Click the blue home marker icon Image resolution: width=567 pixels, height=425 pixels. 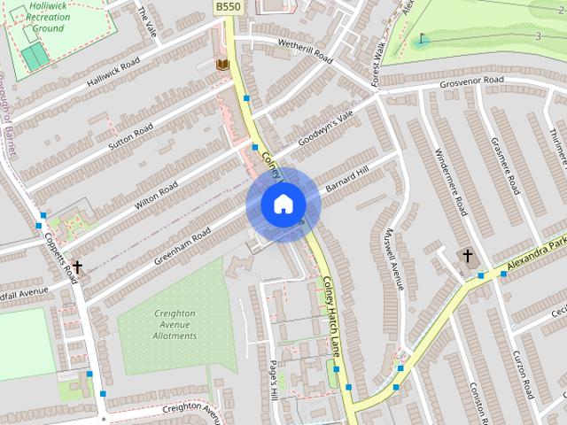pos(283,205)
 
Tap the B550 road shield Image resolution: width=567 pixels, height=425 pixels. pos(227,7)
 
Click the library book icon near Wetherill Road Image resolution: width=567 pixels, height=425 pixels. pos(222,65)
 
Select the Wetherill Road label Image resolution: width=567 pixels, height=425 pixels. pos(304,50)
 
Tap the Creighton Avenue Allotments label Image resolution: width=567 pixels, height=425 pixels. pos(175,324)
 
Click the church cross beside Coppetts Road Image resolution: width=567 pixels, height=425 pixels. pos(77,266)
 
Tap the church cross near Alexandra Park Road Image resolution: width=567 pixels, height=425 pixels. pos(467,256)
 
